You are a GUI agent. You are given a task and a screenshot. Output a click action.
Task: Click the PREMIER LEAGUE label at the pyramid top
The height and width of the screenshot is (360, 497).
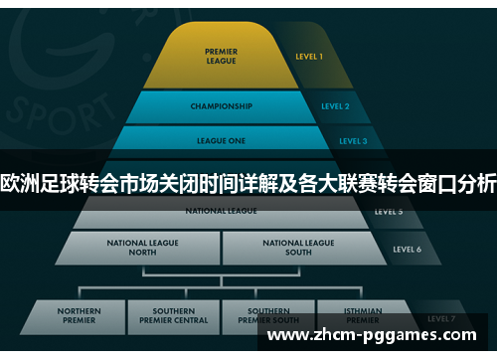(x=221, y=56)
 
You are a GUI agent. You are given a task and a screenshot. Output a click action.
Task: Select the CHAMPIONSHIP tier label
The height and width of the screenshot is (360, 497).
(x=221, y=106)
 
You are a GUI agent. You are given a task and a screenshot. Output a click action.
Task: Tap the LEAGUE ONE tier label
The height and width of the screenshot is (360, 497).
(x=220, y=141)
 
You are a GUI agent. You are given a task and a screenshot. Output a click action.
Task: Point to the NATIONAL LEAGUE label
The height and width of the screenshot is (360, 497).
(x=221, y=211)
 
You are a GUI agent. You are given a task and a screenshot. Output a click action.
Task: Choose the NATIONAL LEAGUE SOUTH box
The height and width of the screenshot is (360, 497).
(x=298, y=247)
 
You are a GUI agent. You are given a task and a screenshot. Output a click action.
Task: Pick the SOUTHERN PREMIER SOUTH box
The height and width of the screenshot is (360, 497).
(x=268, y=317)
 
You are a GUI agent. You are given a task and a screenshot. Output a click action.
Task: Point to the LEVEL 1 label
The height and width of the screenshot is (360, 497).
(x=309, y=57)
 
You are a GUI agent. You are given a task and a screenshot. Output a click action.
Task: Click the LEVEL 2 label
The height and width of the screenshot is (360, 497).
(x=335, y=106)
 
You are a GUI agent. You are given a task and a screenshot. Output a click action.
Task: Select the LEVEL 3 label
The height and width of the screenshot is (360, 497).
(x=352, y=141)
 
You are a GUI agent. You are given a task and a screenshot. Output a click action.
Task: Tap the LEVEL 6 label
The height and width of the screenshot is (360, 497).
(x=407, y=249)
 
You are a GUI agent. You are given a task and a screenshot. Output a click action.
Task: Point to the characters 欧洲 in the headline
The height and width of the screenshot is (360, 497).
(x=20, y=183)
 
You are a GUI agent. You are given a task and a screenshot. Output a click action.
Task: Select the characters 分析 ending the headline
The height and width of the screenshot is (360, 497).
(x=475, y=183)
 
